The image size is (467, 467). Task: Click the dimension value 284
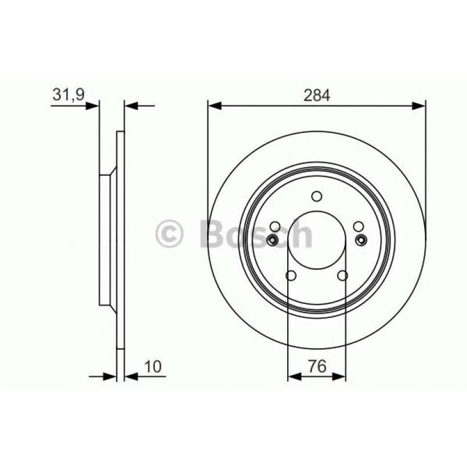coord(317,96)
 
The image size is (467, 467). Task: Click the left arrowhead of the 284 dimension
coord(214,106)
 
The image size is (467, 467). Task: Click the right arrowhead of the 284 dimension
coord(419,106)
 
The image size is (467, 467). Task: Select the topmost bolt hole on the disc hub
coord(317,196)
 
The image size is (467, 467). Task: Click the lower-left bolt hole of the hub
coord(291,276)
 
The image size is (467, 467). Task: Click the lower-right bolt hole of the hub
coord(342,276)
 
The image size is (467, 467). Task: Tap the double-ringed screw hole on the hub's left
coord(273,240)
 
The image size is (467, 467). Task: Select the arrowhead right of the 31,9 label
coord(93,106)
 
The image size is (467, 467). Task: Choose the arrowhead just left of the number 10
coord(131,377)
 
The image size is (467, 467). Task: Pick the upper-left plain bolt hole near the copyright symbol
coord(276,227)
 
